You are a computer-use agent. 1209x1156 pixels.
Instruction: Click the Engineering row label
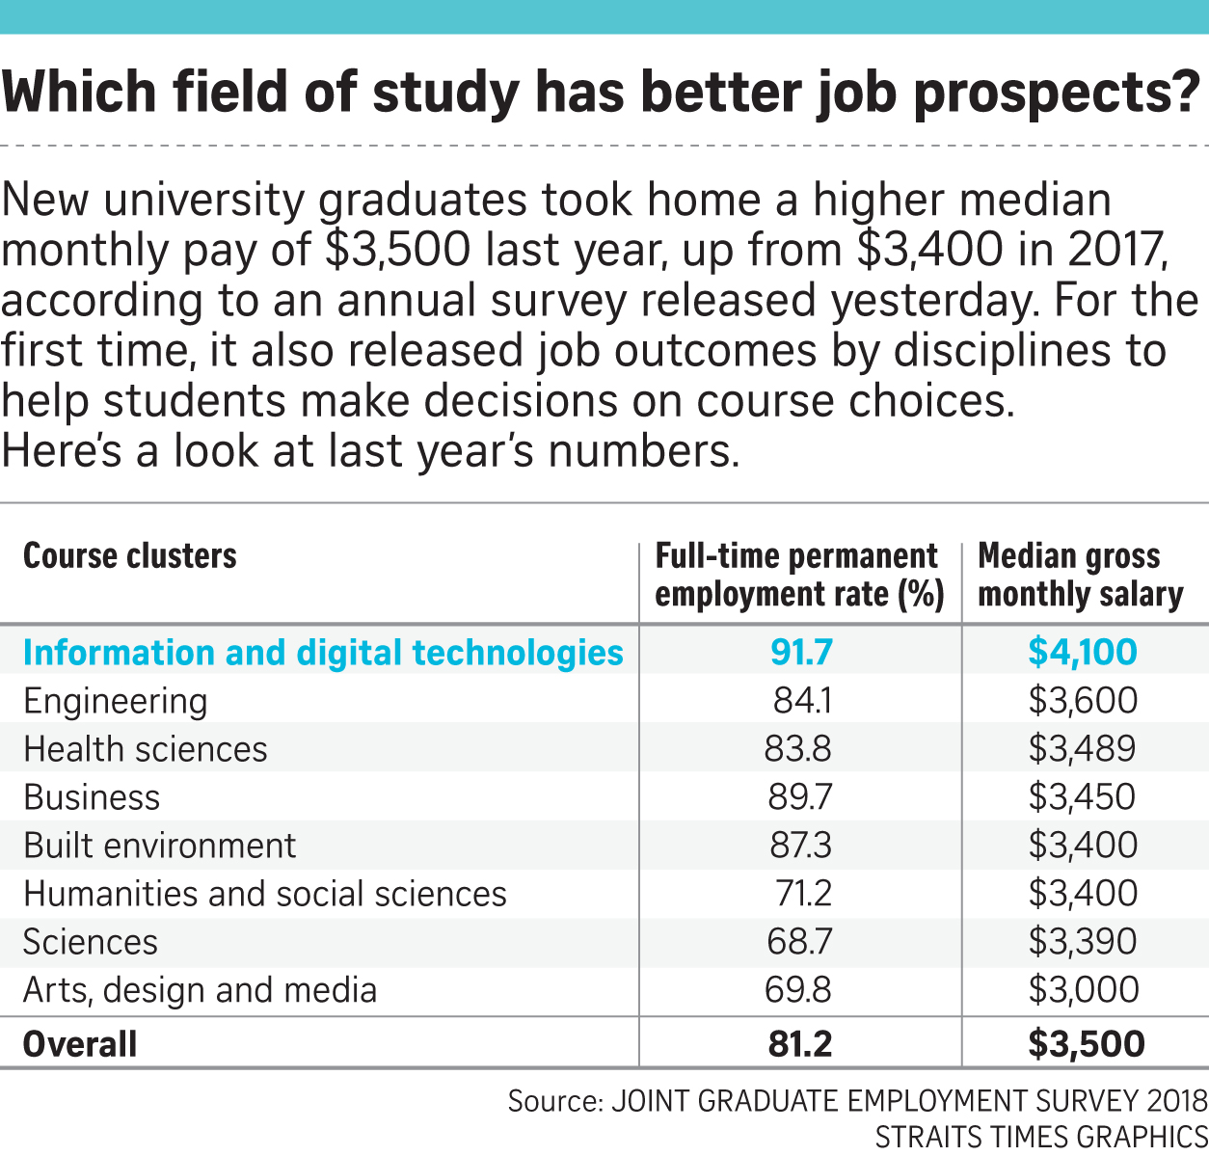[115, 702]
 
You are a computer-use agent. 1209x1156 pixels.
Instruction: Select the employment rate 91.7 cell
[800, 653]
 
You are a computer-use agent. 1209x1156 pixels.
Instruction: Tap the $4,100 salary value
[1082, 653]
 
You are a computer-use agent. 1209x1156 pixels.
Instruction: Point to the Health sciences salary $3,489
[1082, 749]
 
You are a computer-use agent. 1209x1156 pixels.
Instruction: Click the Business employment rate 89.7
[800, 797]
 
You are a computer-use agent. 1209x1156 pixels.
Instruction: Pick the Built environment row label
[159, 846]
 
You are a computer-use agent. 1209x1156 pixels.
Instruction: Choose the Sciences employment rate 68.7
[800, 942]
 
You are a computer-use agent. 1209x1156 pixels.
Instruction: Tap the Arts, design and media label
[200, 990]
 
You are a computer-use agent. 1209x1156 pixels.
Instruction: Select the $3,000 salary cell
[1082, 990]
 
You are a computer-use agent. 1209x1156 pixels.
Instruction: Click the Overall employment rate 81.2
[800, 1044]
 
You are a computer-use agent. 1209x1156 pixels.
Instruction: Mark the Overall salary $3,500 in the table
[1086, 1044]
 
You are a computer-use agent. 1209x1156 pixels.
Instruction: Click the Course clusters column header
[129, 556]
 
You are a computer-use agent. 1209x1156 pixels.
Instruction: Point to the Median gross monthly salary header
[1080, 576]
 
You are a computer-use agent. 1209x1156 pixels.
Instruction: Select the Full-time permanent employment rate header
[798, 576]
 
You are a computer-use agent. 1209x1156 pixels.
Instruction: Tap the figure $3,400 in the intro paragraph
[928, 250]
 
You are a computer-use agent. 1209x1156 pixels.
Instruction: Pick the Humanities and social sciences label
[264, 894]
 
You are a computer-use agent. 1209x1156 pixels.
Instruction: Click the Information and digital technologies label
[323, 653]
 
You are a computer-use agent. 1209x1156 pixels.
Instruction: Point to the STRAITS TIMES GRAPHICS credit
[1041, 1137]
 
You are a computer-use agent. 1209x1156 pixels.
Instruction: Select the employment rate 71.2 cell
[802, 894]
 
